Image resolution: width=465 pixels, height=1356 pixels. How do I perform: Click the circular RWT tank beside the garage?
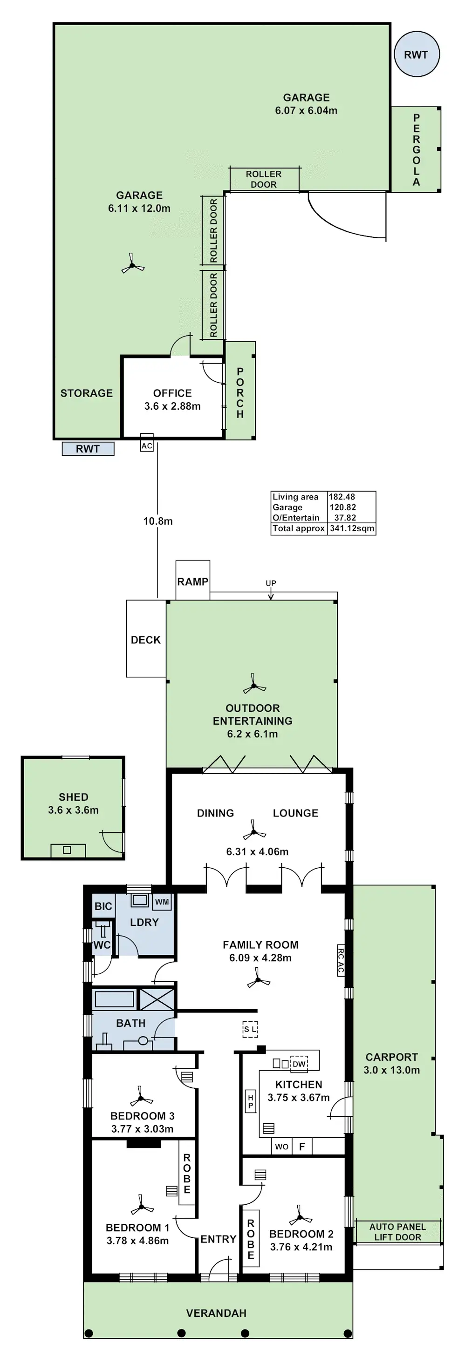[x=416, y=54]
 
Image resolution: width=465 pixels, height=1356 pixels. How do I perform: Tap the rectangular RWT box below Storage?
[x=88, y=448]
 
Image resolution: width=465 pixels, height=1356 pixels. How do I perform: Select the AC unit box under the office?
[x=146, y=445]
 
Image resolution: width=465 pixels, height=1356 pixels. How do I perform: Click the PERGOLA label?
[x=417, y=149]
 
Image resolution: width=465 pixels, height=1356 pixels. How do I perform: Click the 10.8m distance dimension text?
[x=157, y=520]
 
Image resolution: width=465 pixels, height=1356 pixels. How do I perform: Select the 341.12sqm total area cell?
[x=352, y=528]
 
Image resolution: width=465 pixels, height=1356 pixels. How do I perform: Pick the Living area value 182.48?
[x=342, y=496]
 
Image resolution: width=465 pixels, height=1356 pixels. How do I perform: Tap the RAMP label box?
[x=193, y=581]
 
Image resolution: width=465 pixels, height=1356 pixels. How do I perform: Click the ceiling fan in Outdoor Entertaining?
[x=254, y=686]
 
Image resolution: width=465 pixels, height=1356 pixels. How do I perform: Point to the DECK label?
[x=146, y=640]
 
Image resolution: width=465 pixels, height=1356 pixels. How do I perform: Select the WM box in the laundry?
[x=162, y=901]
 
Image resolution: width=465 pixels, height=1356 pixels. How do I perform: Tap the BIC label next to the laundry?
[x=103, y=906]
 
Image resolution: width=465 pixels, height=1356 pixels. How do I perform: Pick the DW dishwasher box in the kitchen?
[x=299, y=1063]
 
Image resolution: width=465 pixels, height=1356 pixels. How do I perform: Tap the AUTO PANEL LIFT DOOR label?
[x=397, y=1231]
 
